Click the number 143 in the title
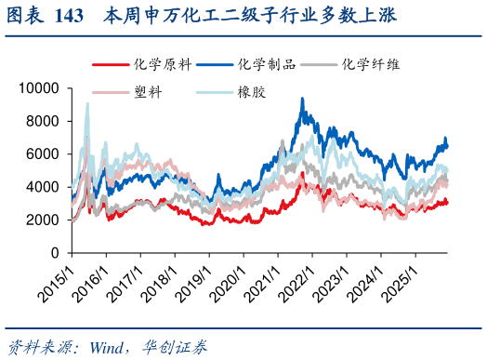pos(68,16)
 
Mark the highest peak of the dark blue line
pos(302,99)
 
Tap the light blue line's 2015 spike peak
pos(87,103)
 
